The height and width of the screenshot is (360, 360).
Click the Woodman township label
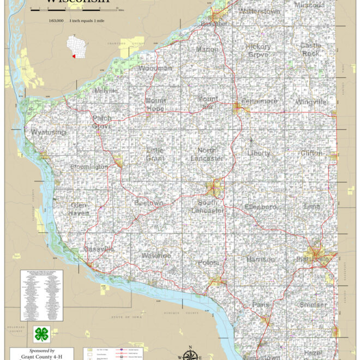(155, 68)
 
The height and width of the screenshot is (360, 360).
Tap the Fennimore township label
(259, 101)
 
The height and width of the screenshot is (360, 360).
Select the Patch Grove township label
(102, 122)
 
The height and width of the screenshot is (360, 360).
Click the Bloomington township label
(89, 166)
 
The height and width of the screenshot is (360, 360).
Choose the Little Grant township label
(155, 154)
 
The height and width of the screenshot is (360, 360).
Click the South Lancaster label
(207, 206)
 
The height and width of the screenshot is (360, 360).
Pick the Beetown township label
(148, 203)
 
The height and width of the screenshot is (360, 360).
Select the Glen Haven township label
(79, 209)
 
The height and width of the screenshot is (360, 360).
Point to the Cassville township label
(99, 249)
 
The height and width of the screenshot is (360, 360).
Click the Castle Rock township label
(311, 50)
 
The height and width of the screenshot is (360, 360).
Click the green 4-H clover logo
(41, 333)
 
